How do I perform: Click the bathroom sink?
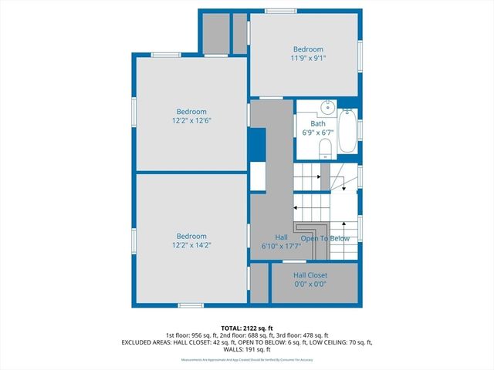click(x=328, y=108)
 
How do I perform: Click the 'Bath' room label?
click(x=318, y=123)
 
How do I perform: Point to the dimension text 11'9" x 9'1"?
click(x=308, y=58)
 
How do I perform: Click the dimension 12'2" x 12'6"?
click(x=191, y=120)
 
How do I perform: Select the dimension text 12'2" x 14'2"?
click(x=191, y=245)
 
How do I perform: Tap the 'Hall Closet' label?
click(x=310, y=275)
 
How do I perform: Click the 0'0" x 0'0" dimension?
click(x=310, y=284)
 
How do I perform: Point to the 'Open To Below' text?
click(x=325, y=238)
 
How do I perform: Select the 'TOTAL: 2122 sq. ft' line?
click(x=247, y=327)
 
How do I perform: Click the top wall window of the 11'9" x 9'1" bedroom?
click(x=279, y=10)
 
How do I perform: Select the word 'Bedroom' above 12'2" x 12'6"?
click(x=191, y=111)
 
